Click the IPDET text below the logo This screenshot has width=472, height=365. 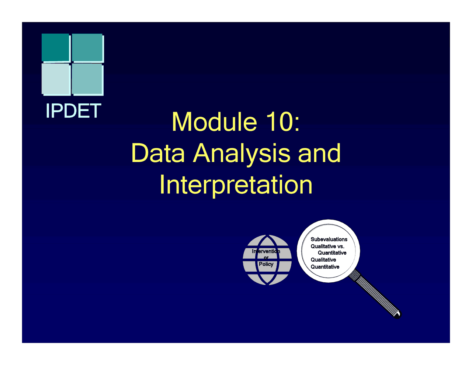73,111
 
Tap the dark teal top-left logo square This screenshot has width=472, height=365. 55,47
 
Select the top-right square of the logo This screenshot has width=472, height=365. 87,48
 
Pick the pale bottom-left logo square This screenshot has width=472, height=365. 56,79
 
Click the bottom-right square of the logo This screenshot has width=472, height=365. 87,79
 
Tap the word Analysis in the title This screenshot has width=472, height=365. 242,154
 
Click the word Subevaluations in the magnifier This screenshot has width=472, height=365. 329,239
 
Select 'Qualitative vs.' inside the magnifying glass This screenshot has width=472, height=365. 327,246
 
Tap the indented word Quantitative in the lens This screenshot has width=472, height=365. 332,253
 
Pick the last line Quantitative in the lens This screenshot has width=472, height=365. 325,267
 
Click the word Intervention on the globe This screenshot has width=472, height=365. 266,251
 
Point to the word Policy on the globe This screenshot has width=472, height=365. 266,264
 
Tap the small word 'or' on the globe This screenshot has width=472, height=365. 266,258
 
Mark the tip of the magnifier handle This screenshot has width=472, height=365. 397,314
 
